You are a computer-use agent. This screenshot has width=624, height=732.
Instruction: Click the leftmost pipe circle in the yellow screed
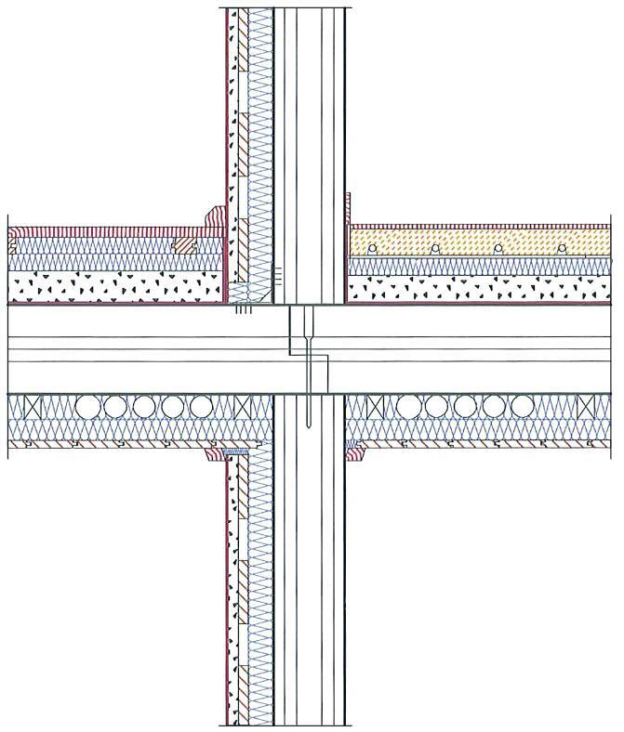click(371, 249)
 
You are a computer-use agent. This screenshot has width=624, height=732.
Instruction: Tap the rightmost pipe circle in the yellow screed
click(563, 249)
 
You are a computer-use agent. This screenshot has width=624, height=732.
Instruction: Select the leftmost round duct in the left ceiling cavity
click(87, 408)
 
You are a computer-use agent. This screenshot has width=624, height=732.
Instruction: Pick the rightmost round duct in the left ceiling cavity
click(201, 408)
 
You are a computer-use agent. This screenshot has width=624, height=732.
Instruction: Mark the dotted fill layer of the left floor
click(112, 286)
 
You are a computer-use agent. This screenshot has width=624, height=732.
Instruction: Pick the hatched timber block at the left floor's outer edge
click(13, 247)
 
